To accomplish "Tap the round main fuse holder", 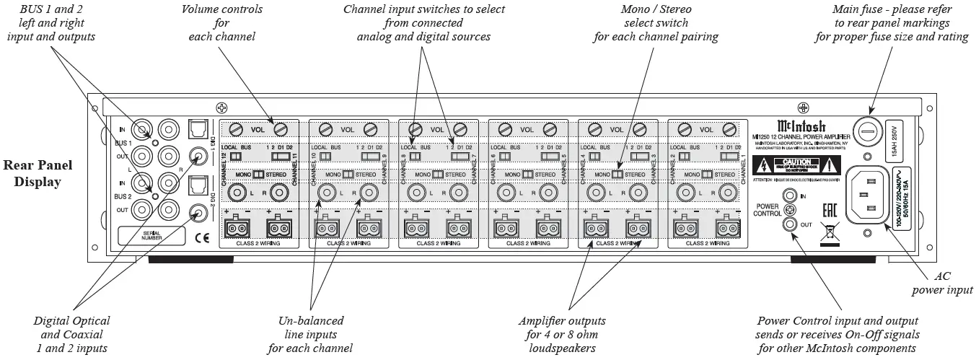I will (x=869, y=134).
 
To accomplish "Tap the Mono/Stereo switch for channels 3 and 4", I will (x=616, y=175).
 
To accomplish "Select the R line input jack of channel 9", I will (x=369, y=193).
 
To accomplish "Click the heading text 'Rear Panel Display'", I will (x=38, y=173).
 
